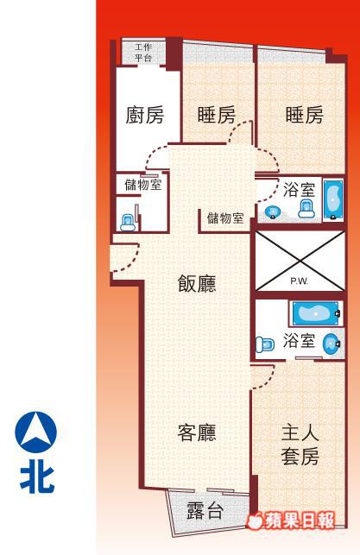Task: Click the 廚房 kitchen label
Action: [x=144, y=115]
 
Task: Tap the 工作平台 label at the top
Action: [x=143, y=53]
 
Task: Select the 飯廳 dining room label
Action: [x=197, y=284]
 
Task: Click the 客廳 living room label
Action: [x=197, y=432]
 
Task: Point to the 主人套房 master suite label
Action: [x=300, y=445]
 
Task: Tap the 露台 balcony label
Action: [x=205, y=510]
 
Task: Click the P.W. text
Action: [x=300, y=281]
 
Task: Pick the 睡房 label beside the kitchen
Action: [x=217, y=115]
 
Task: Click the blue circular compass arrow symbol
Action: [x=35, y=432]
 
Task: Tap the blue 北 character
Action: [x=37, y=479]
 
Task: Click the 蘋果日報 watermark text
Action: [x=299, y=520]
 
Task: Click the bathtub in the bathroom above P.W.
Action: [x=333, y=200]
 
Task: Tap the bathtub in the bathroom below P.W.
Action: [x=315, y=313]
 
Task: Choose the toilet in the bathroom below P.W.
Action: [x=265, y=344]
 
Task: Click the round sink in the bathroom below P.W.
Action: [x=332, y=344]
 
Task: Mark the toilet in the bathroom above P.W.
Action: [x=306, y=209]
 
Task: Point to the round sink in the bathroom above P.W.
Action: [x=273, y=211]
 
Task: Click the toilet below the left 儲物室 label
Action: [x=128, y=223]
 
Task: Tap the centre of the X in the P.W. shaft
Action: [x=300, y=261]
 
